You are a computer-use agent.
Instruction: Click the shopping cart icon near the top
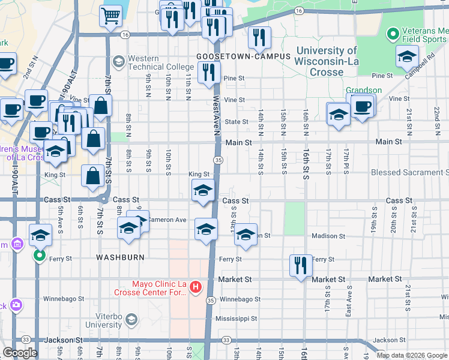(110, 16)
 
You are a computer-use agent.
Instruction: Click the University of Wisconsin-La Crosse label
(326, 61)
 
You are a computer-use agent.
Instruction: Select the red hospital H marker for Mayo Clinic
(195, 288)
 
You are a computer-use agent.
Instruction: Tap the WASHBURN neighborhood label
(120, 257)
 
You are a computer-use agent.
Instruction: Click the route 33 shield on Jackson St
(226, 340)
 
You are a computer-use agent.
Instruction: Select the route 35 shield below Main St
(218, 160)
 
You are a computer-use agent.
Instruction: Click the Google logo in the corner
(20, 353)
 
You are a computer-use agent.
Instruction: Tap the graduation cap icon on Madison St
(245, 235)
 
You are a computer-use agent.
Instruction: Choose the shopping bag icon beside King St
(92, 176)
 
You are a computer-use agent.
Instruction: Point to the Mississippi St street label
(237, 319)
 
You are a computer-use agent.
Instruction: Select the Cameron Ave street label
(167, 220)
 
